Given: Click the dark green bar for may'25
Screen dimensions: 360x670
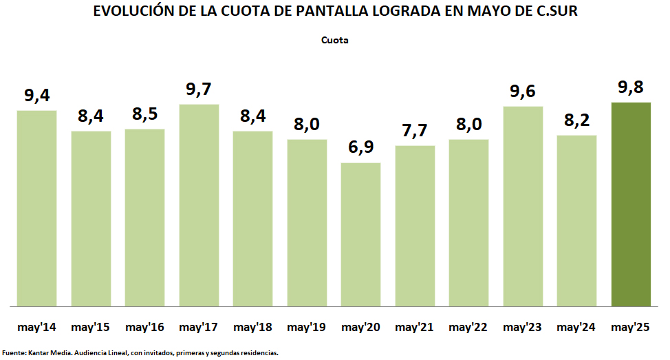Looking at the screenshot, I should [631, 204].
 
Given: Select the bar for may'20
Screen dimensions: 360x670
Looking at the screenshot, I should [361, 234].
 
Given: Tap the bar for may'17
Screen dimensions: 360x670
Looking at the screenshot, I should [199, 204].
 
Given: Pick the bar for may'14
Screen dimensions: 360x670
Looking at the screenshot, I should [36, 208].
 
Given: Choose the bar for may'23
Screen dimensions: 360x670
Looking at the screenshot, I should [523, 206].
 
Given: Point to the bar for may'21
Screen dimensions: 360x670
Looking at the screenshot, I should [415, 225].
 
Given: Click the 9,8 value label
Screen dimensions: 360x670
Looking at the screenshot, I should [631, 88].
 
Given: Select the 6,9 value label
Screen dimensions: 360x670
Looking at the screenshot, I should [361, 148].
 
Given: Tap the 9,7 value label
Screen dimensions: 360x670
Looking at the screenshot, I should [199, 89].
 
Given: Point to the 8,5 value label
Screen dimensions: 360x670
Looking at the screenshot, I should [144, 114].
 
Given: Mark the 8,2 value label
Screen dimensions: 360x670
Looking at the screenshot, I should [576, 120].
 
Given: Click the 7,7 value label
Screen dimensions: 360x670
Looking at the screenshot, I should [415, 131].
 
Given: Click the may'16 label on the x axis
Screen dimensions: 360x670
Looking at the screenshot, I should [144, 327].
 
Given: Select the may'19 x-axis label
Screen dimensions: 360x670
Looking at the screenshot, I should [307, 327].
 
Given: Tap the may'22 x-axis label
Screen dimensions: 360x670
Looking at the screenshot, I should [468, 327].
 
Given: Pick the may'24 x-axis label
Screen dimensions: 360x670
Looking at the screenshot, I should [576, 327].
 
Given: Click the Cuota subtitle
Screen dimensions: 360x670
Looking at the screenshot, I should [335, 40].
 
